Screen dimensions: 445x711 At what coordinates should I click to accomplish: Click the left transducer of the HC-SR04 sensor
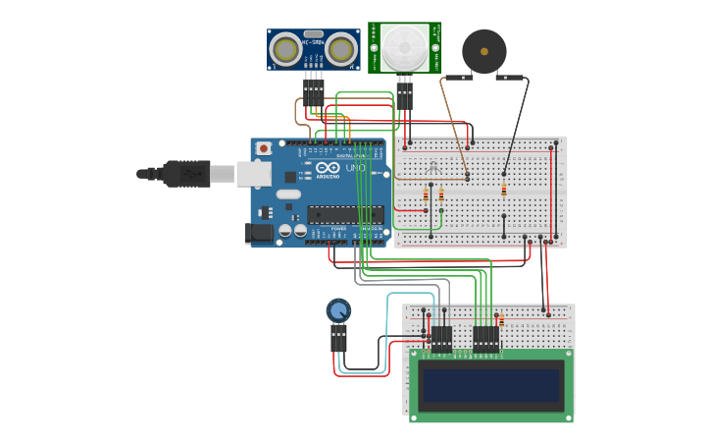tap(286, 50)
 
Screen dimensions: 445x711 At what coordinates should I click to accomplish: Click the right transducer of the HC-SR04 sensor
tap(340, 50)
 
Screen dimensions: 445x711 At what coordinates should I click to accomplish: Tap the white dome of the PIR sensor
tap(405, 47)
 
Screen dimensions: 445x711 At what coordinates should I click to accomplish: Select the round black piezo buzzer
tap(484, 50)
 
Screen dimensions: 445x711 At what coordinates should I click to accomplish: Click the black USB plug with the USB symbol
tap(185, 174)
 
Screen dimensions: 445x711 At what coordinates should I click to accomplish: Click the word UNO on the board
tap(355, 169)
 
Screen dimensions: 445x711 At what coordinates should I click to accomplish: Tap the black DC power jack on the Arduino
tap(259, 233)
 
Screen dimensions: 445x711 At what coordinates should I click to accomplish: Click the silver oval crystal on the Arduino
tap(287, 195)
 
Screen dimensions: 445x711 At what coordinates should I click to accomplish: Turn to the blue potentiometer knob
tap(338, 311)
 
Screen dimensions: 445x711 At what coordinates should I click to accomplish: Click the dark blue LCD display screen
tap(491, 384)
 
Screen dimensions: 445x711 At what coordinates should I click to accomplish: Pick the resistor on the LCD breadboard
tap(500, 320)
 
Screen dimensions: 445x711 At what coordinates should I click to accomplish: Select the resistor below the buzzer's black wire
tap(504, 190)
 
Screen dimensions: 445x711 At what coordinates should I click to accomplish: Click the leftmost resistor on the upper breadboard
tap(426, 195)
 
